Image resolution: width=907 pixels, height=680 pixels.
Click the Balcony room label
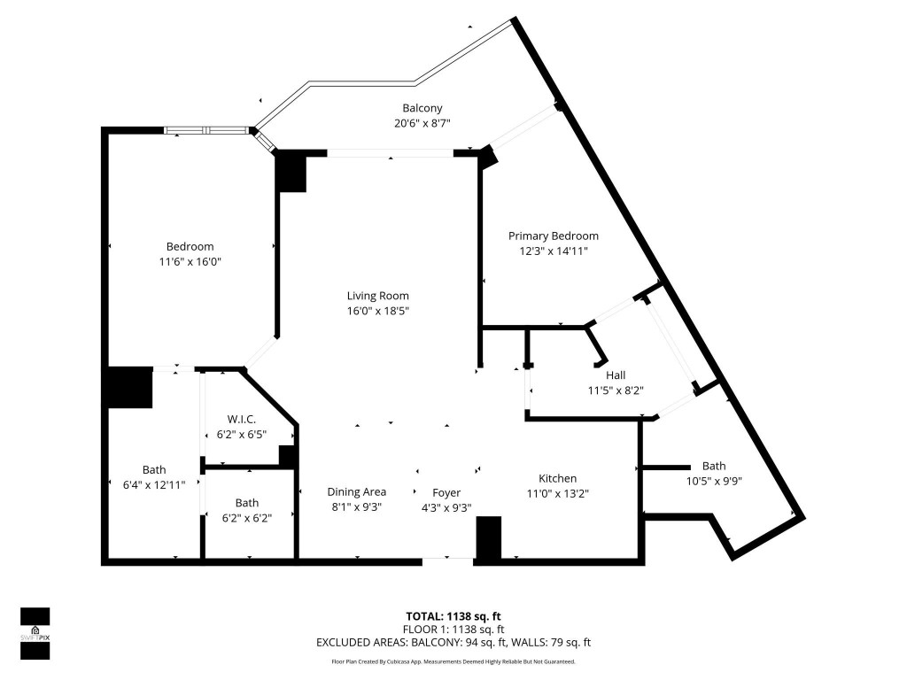pos(422,109)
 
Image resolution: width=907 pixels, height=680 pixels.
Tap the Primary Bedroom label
pos(553,236)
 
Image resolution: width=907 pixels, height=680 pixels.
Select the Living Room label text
pos(377,296)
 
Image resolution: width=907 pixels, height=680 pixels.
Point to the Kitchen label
pos(558,478)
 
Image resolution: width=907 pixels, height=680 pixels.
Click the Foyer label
pos(446,492)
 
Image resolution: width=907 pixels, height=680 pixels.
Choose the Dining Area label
pos(357,492)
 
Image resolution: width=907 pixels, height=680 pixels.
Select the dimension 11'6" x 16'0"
pos(190,262)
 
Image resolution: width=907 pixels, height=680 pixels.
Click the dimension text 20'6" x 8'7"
pos(422,124)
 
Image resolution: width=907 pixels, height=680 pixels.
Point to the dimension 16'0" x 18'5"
pos(377,311)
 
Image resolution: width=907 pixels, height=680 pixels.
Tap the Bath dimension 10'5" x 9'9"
pos(713,481)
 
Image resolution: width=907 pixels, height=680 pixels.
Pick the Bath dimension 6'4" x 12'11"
pos(154,485)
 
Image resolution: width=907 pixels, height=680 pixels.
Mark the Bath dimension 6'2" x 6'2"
pos(247,518)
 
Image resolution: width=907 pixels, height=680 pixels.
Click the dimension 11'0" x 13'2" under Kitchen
pos(558,493)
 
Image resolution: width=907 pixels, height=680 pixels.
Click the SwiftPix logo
pos(35,633)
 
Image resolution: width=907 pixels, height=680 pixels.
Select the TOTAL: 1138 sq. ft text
pos(453,616)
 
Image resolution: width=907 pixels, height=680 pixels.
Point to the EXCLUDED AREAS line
pos(453,643)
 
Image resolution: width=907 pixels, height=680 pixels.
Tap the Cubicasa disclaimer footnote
pos(453,661)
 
